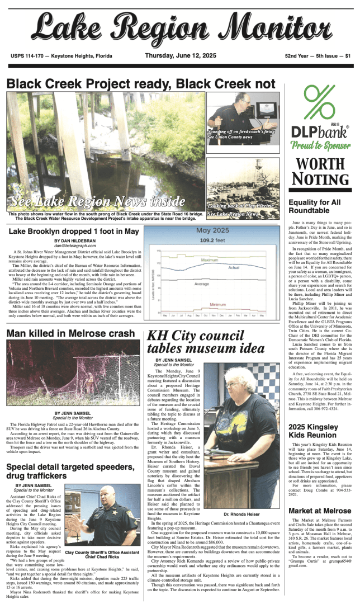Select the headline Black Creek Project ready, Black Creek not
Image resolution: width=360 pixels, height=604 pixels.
coord(141,84)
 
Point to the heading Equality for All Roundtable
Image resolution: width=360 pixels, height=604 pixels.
coord(314,206)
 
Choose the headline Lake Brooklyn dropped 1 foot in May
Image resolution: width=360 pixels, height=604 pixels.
coord(74,231)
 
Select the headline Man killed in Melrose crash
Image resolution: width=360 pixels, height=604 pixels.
coord(70,333)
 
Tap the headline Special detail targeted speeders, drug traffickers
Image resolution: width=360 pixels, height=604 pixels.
coord(72,471)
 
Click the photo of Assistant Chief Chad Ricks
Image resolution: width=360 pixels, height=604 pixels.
coord(102,516)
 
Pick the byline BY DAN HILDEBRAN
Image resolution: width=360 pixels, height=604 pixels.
coord(75,240)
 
